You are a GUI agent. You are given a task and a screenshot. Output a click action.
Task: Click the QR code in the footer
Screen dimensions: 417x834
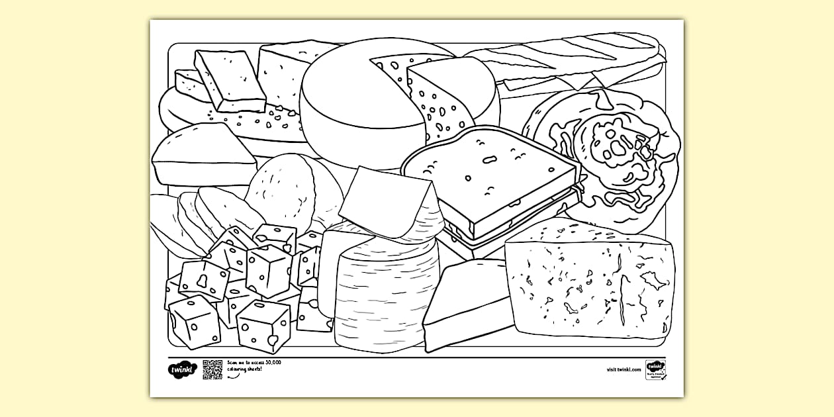(x=212, y=369)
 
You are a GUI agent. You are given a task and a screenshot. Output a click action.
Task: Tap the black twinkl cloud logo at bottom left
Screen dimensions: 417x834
(x=179, y=370)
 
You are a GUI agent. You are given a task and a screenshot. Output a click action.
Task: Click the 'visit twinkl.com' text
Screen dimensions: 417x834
(x=624, y=370)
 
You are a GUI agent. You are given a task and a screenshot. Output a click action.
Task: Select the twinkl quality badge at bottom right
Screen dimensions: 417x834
(x=655, y=369)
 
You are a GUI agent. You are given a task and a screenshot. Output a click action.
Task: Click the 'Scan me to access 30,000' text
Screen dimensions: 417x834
(x=254, y=363)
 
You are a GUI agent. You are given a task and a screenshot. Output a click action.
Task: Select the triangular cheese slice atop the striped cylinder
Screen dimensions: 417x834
(x=387, y=199)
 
